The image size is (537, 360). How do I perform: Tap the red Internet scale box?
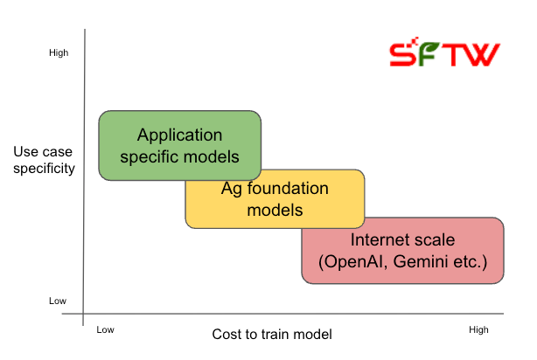pyautogui.click(x=403, y=252)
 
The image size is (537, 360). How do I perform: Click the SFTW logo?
pyautogui.click(x=444, y=55)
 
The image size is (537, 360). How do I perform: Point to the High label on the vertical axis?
pyautogui.click(x=59, y=53)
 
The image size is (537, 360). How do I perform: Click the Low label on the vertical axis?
pyautogui.click(x=58, y=301)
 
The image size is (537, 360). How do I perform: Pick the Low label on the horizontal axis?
pyautogui.click(x=106, y=329)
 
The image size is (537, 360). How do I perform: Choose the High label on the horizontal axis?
pyautogui.click(x=478, y=329)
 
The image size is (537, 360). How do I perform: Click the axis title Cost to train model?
pyautogui.click(x=272, y=335)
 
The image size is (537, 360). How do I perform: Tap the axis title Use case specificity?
pyautogui.click(x=44, y=160)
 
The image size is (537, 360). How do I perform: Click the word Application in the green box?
pyautogui.click(x=179, y=135)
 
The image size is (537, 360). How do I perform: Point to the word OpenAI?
pyautogui.click(x=356, y=262)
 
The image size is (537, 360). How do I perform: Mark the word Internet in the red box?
pyautogui.click(x=380, y=240)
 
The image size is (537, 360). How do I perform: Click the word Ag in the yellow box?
pyautogui.click(x=231, y=188)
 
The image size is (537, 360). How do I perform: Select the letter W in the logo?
pyautogui.click(x=484, y=55)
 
